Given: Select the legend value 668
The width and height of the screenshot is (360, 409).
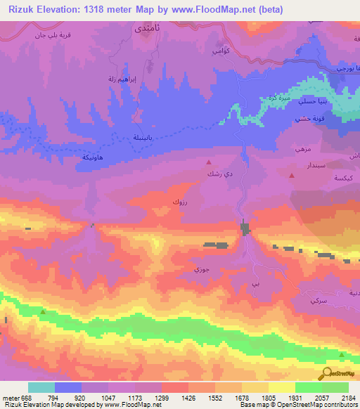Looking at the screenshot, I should coord(25,398).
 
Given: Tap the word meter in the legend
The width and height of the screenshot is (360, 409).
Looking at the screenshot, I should coord(8,398).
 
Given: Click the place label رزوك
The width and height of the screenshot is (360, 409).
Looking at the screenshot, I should coord(179,202).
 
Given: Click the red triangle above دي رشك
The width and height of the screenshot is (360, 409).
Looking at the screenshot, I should coord(208,161).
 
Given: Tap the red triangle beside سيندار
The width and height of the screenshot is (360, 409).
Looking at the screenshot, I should coord(292,176).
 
